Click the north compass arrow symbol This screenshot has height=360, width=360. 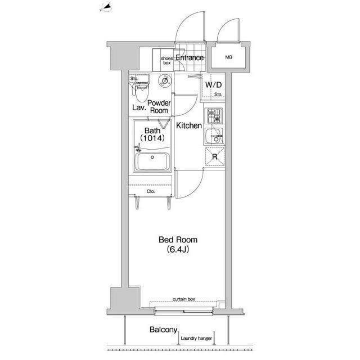coord(106,7)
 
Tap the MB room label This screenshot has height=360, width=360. coord(228,57)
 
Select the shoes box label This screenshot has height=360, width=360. coord(166,61)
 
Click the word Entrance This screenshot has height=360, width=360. coord(190,57)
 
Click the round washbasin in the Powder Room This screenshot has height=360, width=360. coord(165,80)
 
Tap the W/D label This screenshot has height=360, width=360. coord(214,85)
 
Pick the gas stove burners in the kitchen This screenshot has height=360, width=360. coord(214,116)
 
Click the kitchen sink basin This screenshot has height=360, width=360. coord(214,136)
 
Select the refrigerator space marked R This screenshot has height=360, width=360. coord(215,157)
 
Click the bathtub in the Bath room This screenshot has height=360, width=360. coord(152,161)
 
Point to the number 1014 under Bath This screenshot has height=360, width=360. coord(152,138)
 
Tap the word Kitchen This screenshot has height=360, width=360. coord(189,125)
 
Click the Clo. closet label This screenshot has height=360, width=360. coord(151,191)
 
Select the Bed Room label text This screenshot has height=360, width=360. coord(178,240)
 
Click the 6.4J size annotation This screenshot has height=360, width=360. coord(178,249)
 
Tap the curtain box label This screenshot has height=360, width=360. coord(184,299)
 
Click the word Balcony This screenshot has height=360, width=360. coord(164,330)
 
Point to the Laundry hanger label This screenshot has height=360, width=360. coord(196,339)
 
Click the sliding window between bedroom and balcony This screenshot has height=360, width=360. coord(184,311)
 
